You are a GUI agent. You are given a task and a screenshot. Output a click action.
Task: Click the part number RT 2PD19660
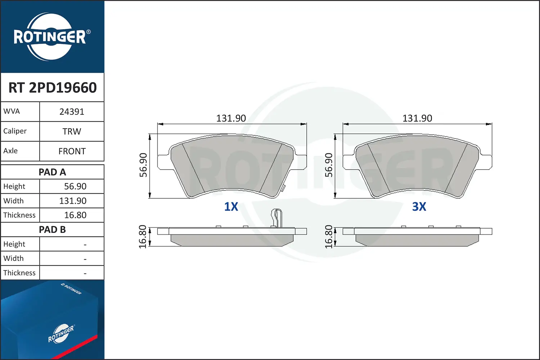pyautogui.click(x=53, y=87)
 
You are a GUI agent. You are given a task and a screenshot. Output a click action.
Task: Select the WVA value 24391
pyautogui.click(x=72, y=112)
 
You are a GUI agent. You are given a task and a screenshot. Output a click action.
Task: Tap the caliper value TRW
pyautogui.click(x=72, y=131)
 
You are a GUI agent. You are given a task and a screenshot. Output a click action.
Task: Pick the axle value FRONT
pyautogui.click(x=72, y=151)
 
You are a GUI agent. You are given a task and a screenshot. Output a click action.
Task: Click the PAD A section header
pyautogui.click(x=52, y=172)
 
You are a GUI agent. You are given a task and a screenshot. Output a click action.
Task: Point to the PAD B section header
pyautogui.click(x=52, y=230)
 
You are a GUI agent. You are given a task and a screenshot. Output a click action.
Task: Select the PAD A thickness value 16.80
pyautogui.click(x=75, y=215)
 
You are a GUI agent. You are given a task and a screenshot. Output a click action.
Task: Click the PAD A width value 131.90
pyautogui.click(x=73, y=201)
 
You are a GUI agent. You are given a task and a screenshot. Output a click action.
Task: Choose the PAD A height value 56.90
pyautogui.click(x=75, y=186)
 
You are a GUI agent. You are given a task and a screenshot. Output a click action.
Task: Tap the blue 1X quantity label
pyautogui.click(x=231, y=207)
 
